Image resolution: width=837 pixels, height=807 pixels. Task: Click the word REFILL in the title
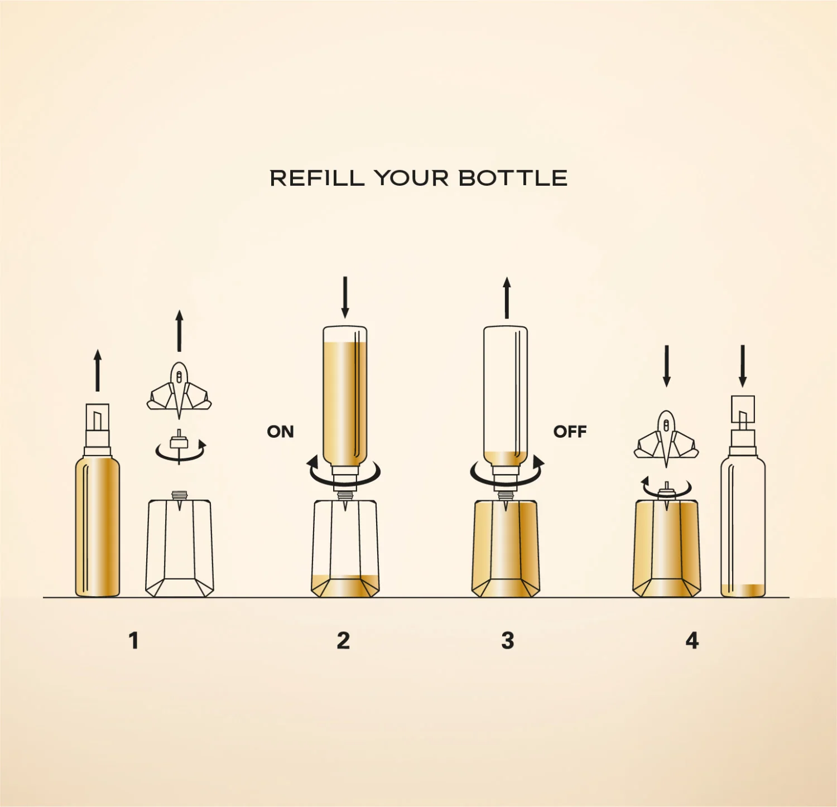tap(317, 178)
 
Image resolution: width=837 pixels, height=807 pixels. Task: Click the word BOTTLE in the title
tap(513, 178)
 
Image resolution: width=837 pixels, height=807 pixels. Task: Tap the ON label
tap(280, 432)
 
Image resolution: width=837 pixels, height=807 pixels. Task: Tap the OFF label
tap(570, 432)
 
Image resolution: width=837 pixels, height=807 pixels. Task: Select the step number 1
tap(133, 641)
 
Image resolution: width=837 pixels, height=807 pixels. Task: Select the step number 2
tap(343, 641)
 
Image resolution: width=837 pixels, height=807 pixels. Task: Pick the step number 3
tap(507, 641)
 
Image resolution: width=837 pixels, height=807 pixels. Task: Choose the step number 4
tap(692, 641)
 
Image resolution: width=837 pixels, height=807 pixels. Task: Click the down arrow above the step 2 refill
tap(345, 297)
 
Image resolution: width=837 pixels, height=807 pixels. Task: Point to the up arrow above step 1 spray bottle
tap(98, 370)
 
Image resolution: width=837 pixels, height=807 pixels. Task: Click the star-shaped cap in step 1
tap(179, 390)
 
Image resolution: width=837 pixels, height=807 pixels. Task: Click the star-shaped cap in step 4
tap(666, 438)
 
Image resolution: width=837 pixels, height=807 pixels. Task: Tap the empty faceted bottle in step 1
tap(180, 549)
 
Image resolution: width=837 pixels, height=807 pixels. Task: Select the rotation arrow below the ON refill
tap(345, 473)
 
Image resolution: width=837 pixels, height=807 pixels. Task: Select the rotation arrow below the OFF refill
tap(507, 473)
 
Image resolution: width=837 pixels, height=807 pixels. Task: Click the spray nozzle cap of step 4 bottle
tap(743, 413)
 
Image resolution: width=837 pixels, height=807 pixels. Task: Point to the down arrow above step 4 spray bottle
tap(743, 366)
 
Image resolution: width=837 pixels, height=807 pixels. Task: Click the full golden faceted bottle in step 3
tap(506, 549)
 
